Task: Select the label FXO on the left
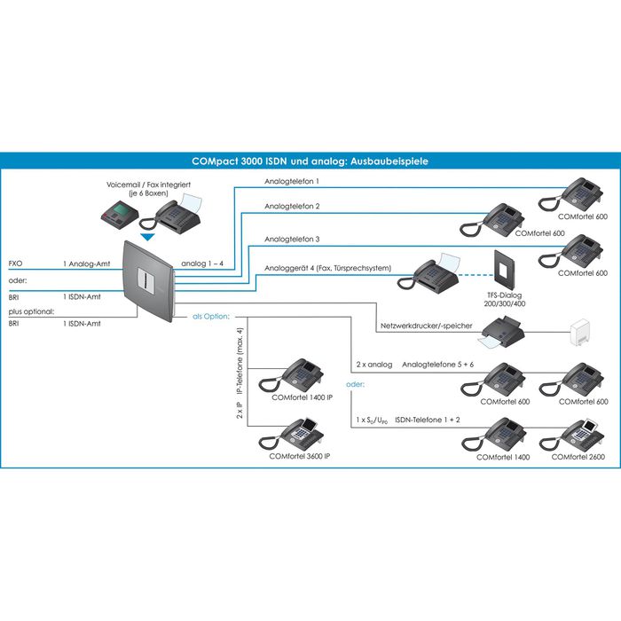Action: pos(15,264)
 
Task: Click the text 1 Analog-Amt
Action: pos(86,264)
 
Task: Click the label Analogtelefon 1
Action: pos(292,182)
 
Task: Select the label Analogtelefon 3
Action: pos(292,240)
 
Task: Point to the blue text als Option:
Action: pos(212,316)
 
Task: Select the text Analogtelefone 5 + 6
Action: pos(439,364)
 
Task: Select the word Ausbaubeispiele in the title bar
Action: pos(387,161)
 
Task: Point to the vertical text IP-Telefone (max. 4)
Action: pos(239,362)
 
